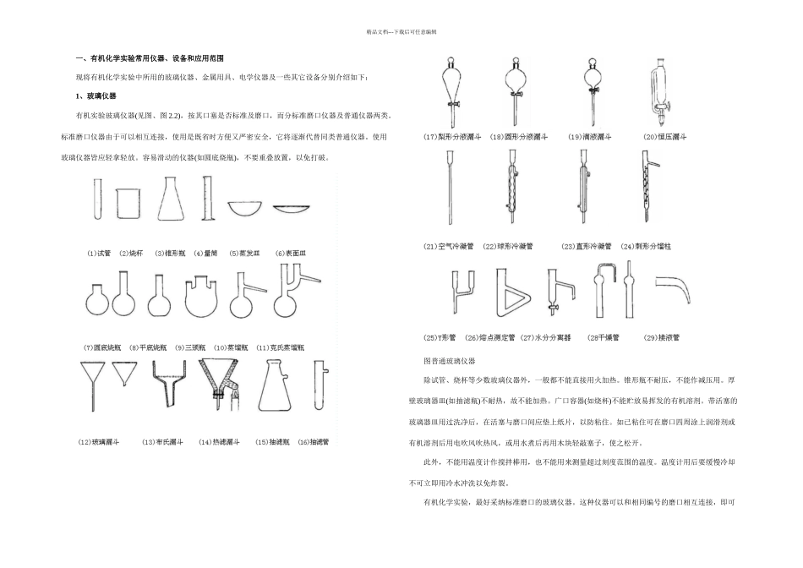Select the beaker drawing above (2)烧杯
(125, 205)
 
